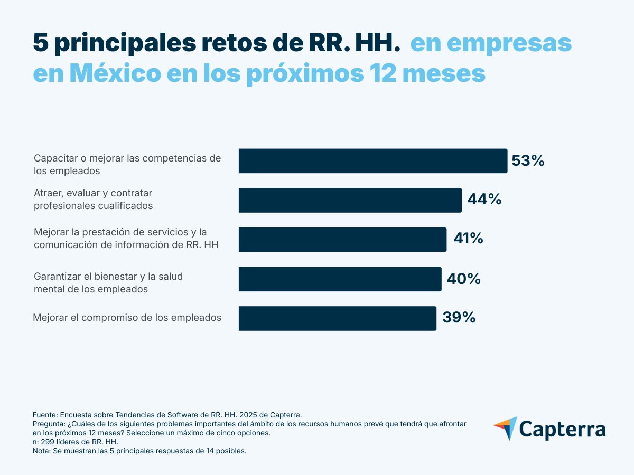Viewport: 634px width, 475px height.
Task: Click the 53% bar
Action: [x=372, y=161]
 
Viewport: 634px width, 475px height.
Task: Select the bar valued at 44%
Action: [x=350, y=200]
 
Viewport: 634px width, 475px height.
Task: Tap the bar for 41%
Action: [x=342, y=240]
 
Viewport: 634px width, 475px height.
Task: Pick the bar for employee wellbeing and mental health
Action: [x=340, y=279]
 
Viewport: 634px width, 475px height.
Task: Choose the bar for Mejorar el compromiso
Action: [x=337, y=318]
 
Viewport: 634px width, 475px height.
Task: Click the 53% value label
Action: [x=528, y=161]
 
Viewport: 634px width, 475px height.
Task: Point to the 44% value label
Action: [x=484, y=199]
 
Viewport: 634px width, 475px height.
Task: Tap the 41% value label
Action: [x=468, y=239]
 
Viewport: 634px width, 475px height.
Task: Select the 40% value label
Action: [x=463, y=279]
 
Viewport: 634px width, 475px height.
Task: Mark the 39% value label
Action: [x=459, y=318]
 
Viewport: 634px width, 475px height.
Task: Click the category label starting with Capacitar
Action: [x=127, y=165]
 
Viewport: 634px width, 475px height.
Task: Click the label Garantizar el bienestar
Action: [x=108, y=283]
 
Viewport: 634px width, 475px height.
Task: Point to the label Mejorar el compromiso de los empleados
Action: [x=127, y=318]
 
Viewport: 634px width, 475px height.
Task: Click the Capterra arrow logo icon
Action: [x=505, y=428]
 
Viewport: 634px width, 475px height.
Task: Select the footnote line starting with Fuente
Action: [x=167, y=415]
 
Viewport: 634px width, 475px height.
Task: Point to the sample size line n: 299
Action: [x=76, y=442]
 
